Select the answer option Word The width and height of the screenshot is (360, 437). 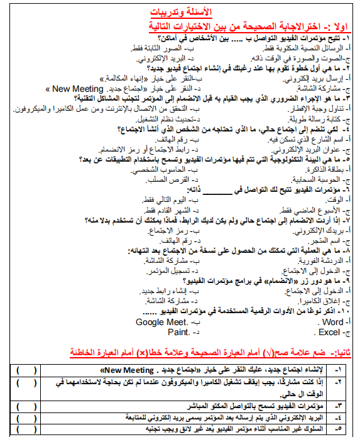coord(330,323)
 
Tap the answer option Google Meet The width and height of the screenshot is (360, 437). coord(162,323)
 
